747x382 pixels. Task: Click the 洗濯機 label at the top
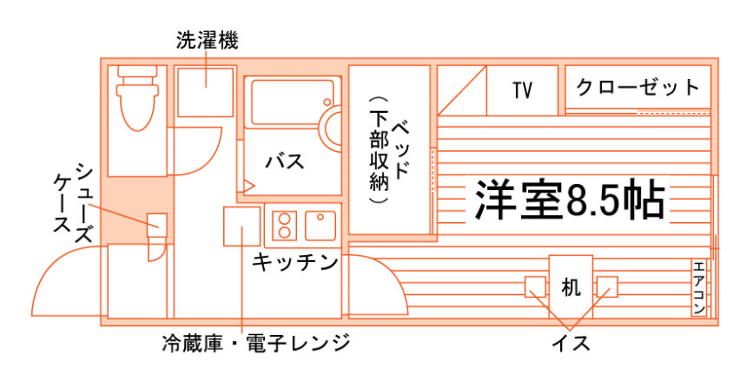[x=206, y=40]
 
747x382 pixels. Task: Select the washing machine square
[x=205, y=87]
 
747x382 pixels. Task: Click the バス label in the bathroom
[x=285, y=163]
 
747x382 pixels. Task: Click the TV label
[x=522, y=90]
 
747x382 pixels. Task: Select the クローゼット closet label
[x=638, y=88]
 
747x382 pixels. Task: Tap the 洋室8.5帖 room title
[x=570, y=201]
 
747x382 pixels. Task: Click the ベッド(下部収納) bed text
[x=389, y=148]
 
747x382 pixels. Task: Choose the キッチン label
[x=295, y=262]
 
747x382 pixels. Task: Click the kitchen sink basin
[x=320, y=224]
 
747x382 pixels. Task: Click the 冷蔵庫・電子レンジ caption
[x=256, y=342]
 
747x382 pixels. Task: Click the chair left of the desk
[x=535, y=287]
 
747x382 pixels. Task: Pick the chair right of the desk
[x=606, y=287]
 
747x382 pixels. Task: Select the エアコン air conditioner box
[x=699, y=287]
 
